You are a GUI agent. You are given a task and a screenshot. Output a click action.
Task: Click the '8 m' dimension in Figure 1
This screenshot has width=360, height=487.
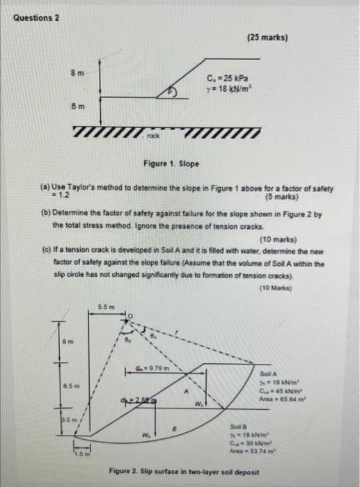tap(77, 72)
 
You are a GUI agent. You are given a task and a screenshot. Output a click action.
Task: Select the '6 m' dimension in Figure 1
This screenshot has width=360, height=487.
tap(77, 110)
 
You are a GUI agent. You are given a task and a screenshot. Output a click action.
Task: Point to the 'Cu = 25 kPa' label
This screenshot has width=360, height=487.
tap(227, 78)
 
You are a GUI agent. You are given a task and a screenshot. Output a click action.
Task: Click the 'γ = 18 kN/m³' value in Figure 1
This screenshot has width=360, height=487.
tap(228, 90)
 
